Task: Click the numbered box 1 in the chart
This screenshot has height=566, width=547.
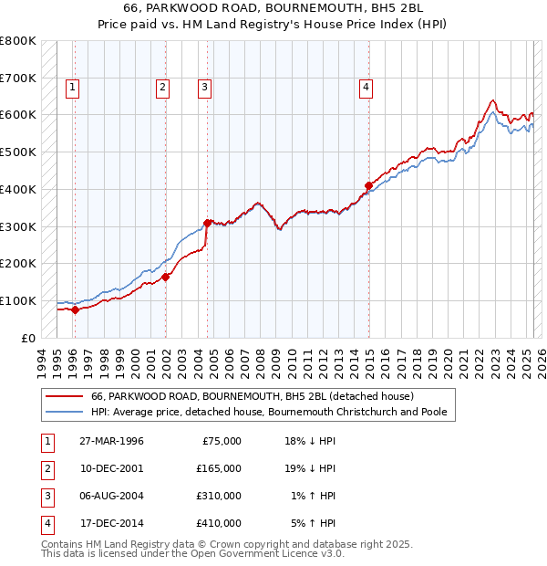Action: pos(72,88)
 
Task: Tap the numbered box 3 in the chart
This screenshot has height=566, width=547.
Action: pos(204,88)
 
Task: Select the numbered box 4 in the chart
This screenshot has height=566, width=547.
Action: pos(366,88)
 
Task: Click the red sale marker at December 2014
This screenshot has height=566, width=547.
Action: pos(368,185)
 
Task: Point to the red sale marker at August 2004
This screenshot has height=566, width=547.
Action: pos(208,222)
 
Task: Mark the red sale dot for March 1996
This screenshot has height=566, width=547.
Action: pos(76,309)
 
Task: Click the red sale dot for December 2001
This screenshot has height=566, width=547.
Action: pos(165,277)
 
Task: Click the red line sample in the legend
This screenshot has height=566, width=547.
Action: pos(64,397)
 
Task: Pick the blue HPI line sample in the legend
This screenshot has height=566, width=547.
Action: pos(64,413)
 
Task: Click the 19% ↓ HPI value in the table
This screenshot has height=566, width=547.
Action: pos(312,468)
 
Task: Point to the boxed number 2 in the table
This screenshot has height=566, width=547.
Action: pos(45,468)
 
